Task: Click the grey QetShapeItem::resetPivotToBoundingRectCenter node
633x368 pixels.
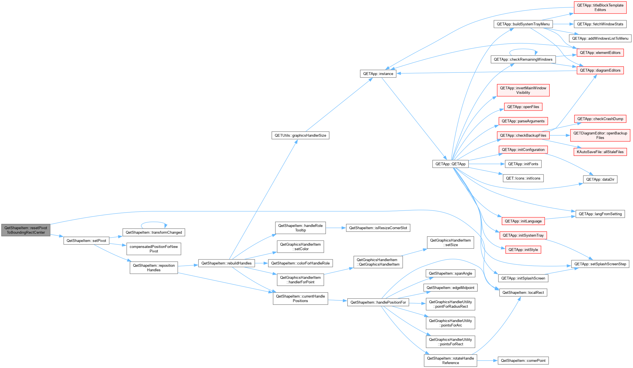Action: pyautogui.click(x=26, y=230)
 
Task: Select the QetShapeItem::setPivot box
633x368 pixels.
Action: pyautogui.click(x=86, y=241)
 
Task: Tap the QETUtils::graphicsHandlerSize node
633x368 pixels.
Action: pyautogui.click(x=300, y=135)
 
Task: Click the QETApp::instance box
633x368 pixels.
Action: pyautogui.click(x=378, y=74)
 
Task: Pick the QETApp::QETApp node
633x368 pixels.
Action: pyautogui.click(x=450, y=164)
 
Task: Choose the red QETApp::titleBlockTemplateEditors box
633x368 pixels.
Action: pyautogui.click(x=600, y=7)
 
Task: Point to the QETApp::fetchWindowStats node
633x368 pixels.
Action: pyautogui.click(x=600, y=24)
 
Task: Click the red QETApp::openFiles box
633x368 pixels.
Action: pyautogui.click(x=523, y=107)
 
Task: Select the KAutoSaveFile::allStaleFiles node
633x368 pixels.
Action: pyautogui.click(x=600, y=152)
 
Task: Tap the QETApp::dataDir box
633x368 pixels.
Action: pyautogui.click(x=600, y=179)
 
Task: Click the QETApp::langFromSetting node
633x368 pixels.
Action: pyautogui.click(x=600, y=214)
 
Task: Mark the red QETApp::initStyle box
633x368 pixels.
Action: pyautogui.click(x=523, y=250)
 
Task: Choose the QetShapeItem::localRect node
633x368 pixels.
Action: pyautogui.click(x=523, y=292)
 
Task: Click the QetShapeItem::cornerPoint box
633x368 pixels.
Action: pyautogui.click(x=523, y=360)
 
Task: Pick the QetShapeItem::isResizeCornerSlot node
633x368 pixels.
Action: pyautogui.click(x=378, y=228)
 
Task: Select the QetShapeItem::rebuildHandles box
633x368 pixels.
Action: pyautogui.click(x=226, y=263)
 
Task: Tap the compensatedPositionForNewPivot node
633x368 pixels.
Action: pyautogui.click(x=154, y=249)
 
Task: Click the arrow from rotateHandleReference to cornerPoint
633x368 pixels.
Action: pyautogui.click(x=487, y=360)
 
